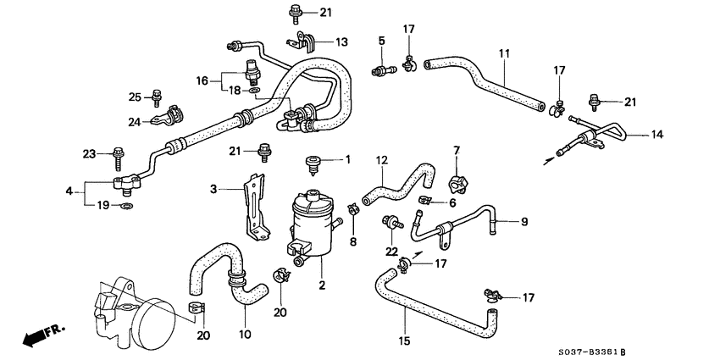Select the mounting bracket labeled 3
(252, 205)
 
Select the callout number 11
(504, 53)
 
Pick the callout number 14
(658, 134)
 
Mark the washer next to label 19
(126, 206)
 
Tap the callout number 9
(523, 222)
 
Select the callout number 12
(381, 160)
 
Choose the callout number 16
(202, 80)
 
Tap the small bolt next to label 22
(391, 224)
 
